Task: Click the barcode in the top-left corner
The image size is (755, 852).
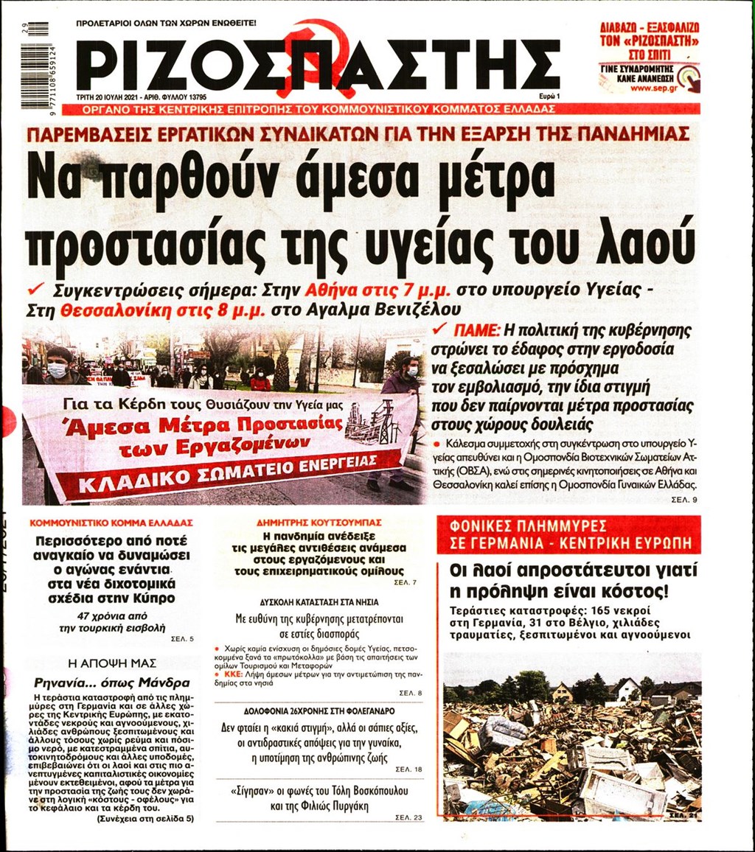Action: pyautogui.click(x=35, y=66)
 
